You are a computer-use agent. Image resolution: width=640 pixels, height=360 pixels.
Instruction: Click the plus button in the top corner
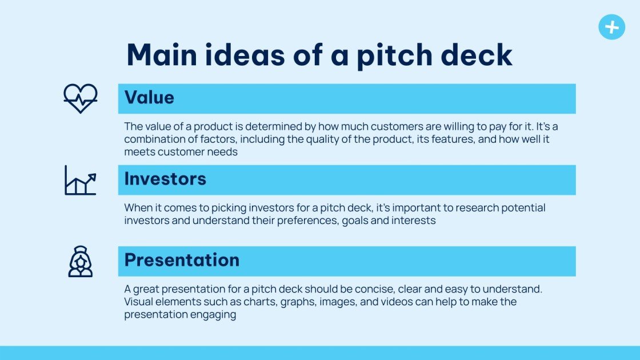611,27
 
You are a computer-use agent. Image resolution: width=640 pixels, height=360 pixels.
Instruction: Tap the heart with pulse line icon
80,98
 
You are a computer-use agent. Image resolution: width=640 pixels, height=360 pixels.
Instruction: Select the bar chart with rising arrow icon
80,180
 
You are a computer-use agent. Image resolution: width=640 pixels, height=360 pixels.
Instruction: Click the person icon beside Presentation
80,261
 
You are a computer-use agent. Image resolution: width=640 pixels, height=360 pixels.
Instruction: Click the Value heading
149,98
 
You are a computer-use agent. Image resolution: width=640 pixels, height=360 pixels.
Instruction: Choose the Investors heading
165,179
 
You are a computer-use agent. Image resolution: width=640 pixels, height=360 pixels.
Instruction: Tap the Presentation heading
182,261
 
